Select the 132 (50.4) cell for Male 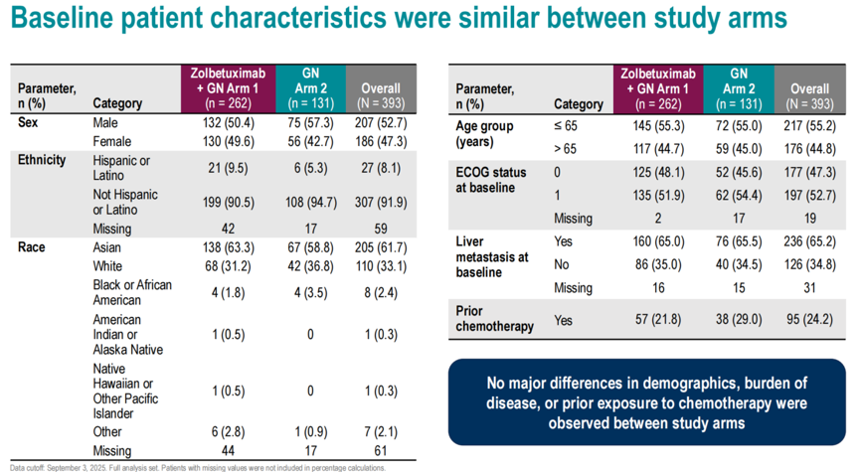(228, 123)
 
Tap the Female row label (112, 141)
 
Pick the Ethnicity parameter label (42, 160)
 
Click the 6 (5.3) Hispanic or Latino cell (310, 168)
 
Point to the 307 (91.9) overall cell (381, 203)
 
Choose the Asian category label (107, 247)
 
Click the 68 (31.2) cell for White (228, 266)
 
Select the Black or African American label (132, 293)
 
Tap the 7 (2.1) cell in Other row (381, 432)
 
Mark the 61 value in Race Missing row (381, 450)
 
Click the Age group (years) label (484, 134)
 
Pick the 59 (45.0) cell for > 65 (739, 149)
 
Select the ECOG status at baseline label (490, 180)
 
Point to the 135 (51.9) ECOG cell (658, 195)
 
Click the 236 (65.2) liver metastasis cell (809, 241)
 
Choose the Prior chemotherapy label (494, 319)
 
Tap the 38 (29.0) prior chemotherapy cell (739, 319)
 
